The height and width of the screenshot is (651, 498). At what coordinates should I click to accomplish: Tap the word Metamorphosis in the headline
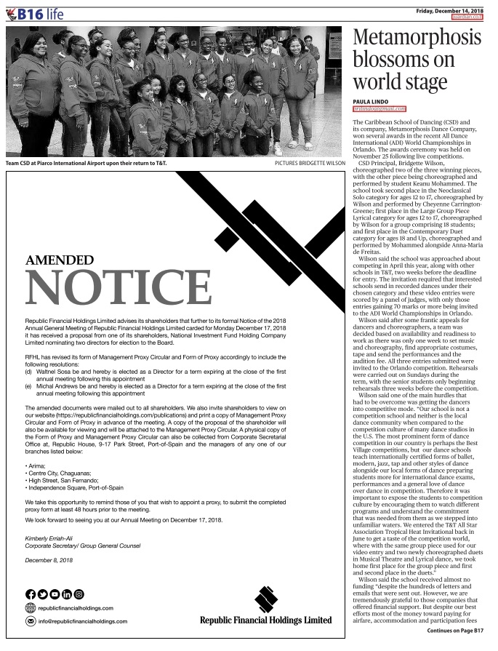click(x=418, y=38)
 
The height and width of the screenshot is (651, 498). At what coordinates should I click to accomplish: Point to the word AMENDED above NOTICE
click(x=59, y=260)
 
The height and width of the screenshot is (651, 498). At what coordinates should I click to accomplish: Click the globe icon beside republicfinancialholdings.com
click(x=31, y=607)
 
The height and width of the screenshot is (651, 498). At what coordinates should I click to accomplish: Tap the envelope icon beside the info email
click(x=31, y=622)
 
